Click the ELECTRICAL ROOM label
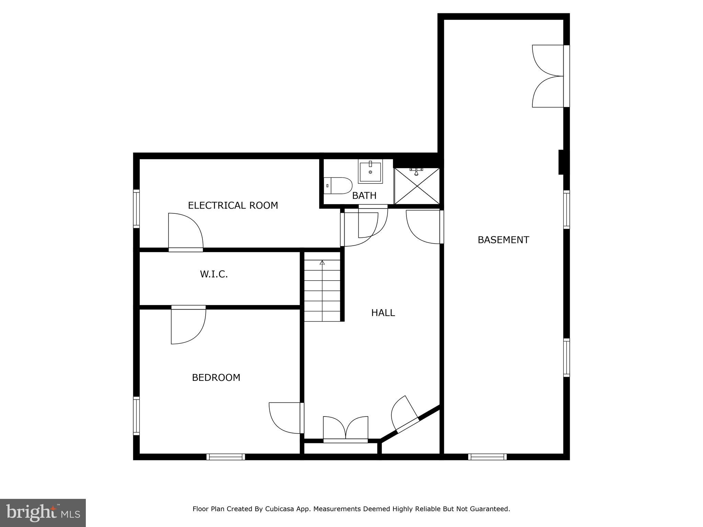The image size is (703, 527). tap(233, 205)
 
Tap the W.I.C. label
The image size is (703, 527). tap(214, 274)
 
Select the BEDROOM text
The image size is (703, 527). tap(216, 377)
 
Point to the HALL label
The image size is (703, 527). tap(383, 313)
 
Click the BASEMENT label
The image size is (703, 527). tap(503, 240)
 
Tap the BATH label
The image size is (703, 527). tap(364, 196)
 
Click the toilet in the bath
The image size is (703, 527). tap(338, 186)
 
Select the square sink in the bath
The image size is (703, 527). tap(370, 171)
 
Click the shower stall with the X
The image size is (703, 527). tap(417, 186)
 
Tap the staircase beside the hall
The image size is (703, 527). tap(322, 290)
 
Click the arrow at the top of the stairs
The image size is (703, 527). tap(322, 262)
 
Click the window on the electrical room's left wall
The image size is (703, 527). tap(136, 209)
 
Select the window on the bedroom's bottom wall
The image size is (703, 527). tap(226, 457)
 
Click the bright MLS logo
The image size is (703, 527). tap(43, 513)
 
